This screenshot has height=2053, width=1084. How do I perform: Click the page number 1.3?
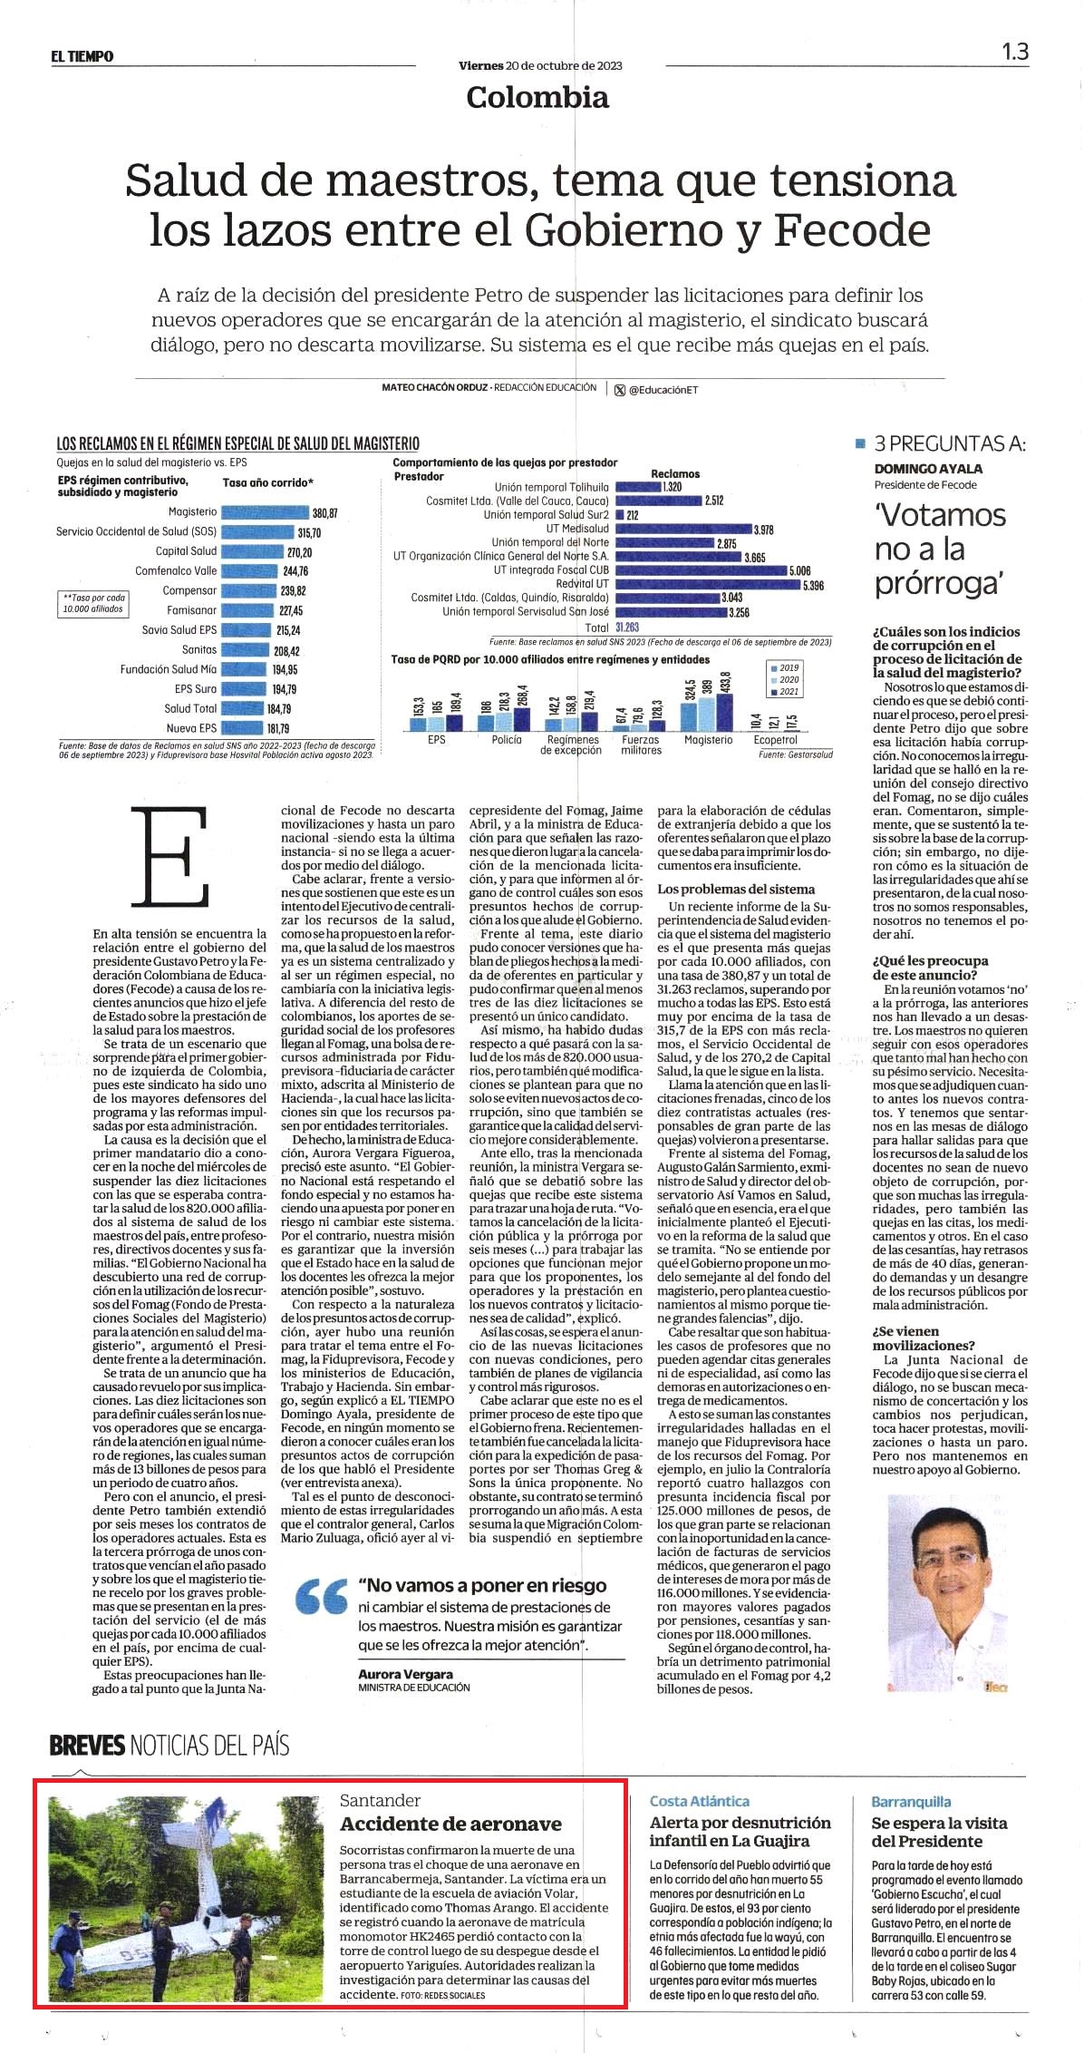point(1015,52)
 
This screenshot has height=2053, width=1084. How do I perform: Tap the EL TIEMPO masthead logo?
point(82,56)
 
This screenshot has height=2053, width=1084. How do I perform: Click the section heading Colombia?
point(537,97)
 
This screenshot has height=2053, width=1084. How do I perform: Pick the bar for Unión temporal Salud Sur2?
point(620,515)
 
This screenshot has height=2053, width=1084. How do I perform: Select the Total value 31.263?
point(627,627)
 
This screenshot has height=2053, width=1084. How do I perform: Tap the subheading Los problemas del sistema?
point(736,889)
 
